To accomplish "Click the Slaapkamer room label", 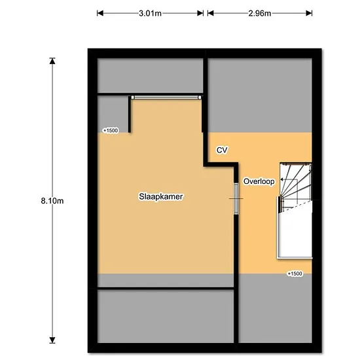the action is click(x=161, y=197).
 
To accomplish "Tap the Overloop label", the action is click(x=259, y=181).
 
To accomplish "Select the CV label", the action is click(x=222, y=150).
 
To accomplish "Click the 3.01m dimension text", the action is click(x=150, y=13).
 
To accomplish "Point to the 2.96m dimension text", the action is click(x=260, y=13).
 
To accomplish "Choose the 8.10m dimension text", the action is click(x=52, y=201).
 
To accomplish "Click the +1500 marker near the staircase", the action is click(x=295, y=274).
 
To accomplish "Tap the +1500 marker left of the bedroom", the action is click(x=111, y=130).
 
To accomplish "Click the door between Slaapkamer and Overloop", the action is click(x=236, y=198).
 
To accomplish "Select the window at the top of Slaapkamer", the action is click(x=166, y=98).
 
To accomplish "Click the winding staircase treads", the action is click(x=296, y=186).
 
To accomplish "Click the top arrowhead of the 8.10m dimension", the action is click(x=52, y=61).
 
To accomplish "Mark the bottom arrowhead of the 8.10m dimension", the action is click(x=52, y=340).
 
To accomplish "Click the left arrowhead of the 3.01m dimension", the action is click(x=100, y=13).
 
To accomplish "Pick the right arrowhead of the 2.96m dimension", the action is click(x=309, y=13).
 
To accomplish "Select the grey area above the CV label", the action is click(x=260, y=96).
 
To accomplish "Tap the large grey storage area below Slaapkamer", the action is click(x=166, y=316).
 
